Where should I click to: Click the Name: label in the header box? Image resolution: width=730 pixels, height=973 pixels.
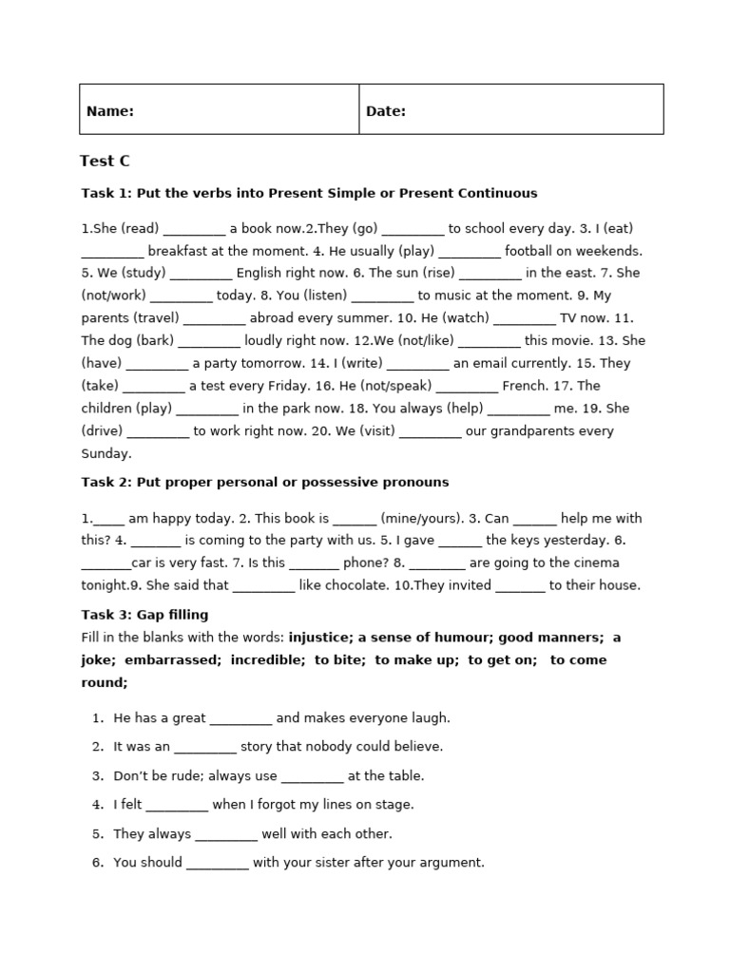coord(109,111)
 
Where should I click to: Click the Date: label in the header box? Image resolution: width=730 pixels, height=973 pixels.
coord(385,111)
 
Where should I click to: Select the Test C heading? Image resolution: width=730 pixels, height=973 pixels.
coord(105,162)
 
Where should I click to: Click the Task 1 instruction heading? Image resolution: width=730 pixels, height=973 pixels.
coord(309,193)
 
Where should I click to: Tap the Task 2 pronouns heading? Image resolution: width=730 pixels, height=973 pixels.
coord(264,482)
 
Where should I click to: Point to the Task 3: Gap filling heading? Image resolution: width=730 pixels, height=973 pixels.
coord(144,615)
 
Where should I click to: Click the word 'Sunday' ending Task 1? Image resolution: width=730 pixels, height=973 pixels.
coord(105,454)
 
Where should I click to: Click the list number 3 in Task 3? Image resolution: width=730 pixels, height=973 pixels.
coord(97,776)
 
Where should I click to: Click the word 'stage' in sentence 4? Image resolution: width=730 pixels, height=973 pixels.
coord(394,805)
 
